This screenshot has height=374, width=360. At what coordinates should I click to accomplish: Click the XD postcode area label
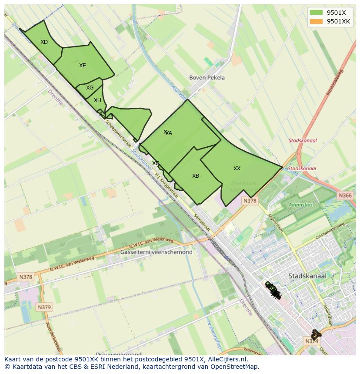pyautogui.click(x=44, y=42)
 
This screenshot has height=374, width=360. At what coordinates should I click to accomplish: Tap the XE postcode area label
pyautogui.click(x=82, y=66)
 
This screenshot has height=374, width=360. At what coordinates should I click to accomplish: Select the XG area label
pyautogui.click(x=90, y=88)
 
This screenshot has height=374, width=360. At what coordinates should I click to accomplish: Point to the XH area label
pyautogui.click(x=97, y=100)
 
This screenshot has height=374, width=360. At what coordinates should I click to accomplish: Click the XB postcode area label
pyautogui.click(x=196, y=176)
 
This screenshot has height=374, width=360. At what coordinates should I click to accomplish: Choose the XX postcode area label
pyautogui.click(x=237, y=169)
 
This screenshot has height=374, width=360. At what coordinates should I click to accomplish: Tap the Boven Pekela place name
pyautogui.click(x=207, y=78)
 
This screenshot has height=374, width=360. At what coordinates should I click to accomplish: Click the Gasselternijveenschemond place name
pyautogui.click(x=156, y=252)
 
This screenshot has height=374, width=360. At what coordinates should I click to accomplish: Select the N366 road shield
pyautogui.click(x=345, y=196)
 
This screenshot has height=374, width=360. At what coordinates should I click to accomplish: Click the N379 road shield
pyautogui.click(x=44, y=307)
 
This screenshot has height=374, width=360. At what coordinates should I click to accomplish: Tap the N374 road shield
pyautogui.click(x=312, y=341)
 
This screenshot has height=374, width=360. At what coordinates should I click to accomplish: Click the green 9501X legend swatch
pyautogui.click(x=316, y=13)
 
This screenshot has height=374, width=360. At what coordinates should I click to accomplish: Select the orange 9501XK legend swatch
pyautogui.click(x=316, y=21)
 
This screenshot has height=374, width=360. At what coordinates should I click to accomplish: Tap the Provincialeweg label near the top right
pyautogui.click(x=334, y=83)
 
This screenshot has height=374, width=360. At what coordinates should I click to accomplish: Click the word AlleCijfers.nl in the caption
pyautogui.click(x=226, y=359)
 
